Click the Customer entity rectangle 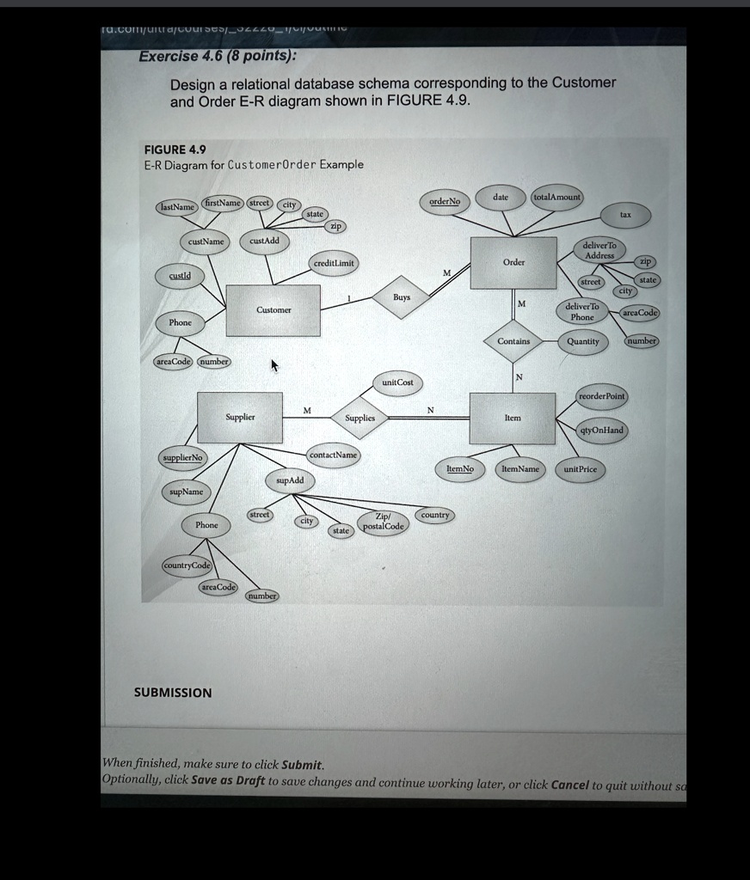coord(274,310)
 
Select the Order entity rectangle coord(513,263)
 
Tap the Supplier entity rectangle coord(240,418)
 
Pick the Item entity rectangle coord(513,419)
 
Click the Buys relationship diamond coord(401,297)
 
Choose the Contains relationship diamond coord(513,341)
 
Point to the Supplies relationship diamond coord(360,419)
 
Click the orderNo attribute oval coord(445,202)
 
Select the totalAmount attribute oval coord(557,198)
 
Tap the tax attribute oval coord(625,215)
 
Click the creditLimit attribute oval coord(335,262)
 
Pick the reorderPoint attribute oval coord(601,395)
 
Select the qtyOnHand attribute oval coord(602,430)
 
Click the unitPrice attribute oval coord(581,469)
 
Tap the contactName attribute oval coord(333,455)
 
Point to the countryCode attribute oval coord(187,565)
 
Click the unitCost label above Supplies coord(398,382)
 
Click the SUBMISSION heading coord(173,693)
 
